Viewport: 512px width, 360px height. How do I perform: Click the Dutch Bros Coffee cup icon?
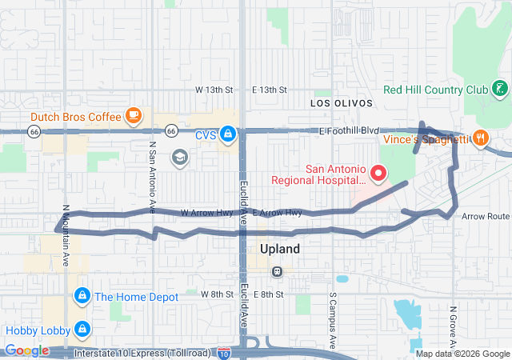point(133,115)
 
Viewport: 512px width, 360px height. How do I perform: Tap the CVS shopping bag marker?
point(228,134)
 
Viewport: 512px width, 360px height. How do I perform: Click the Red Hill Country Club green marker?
point(499,89)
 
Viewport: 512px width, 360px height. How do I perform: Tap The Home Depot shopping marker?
point(81,297)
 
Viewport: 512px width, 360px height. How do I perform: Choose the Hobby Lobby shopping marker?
point(81,329)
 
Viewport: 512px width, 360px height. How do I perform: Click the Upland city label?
point(279,249)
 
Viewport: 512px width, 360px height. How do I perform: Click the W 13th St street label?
point(214,90)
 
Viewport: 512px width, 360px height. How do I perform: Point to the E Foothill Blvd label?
point(348,130)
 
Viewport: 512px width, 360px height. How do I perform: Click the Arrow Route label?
point(485,216)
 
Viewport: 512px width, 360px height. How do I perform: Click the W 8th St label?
point(217,295)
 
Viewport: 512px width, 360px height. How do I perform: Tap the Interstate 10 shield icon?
point(224,352)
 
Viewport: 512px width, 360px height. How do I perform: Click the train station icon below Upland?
point(277,271)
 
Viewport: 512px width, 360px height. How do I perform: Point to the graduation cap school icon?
point(178,155)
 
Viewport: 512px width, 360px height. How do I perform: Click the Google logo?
point(26,350)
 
